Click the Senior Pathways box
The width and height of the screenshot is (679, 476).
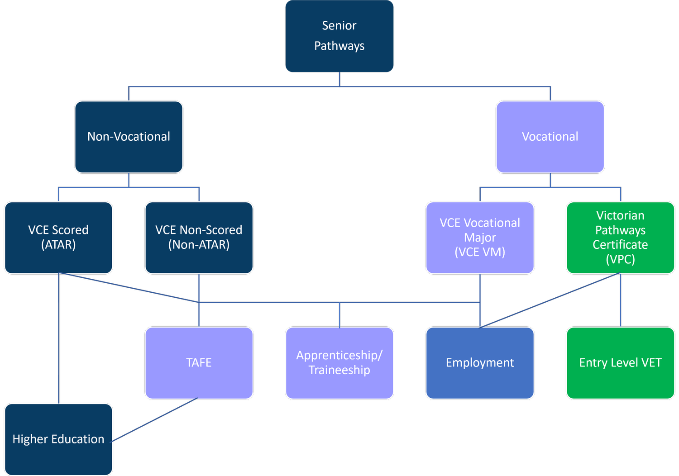tap(339, 36)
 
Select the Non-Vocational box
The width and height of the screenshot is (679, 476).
tap(129, 137)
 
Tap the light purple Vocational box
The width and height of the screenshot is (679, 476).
tap(550, 137)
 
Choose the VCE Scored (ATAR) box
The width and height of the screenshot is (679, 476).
tap(58, 238)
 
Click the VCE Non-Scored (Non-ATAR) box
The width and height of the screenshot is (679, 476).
tap(199, 238)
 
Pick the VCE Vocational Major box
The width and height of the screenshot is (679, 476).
tap(480, 238)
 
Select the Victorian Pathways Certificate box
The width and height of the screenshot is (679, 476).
tap(620, 238)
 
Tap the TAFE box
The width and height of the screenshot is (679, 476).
tap(199, 363)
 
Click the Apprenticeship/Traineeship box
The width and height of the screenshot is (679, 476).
tap(339, 363)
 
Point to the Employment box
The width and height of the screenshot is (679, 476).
tap(480, 363)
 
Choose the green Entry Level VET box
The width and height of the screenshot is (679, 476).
tap(620, 363)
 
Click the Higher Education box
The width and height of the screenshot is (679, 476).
tap(58, 439)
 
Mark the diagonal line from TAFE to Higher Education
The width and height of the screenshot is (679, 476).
tap(155, 419)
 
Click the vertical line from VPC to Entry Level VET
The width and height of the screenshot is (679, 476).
tap(620, 300)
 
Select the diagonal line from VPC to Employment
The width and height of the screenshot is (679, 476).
tap(550, 300)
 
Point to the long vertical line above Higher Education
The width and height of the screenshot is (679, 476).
tap(58, 339)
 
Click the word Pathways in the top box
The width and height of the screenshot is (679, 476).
tap(339, 46)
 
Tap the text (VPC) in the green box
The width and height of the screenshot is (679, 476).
tap(620, 259)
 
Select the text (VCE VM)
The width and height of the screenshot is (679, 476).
tap(480, 252)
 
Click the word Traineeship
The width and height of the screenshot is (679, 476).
tap(339, 370)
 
